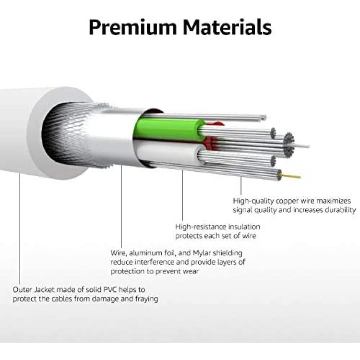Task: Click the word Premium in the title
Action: pos(132,27)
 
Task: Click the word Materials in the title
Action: pos(227,27)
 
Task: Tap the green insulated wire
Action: pos(169,130)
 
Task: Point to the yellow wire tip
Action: pos(291,176)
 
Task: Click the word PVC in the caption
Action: pos(109,289)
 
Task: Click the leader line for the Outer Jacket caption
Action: pos(20,228)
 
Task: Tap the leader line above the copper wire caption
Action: pos(241,186)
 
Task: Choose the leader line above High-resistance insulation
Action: pos(182,195)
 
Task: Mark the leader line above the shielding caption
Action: pos(121,206)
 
